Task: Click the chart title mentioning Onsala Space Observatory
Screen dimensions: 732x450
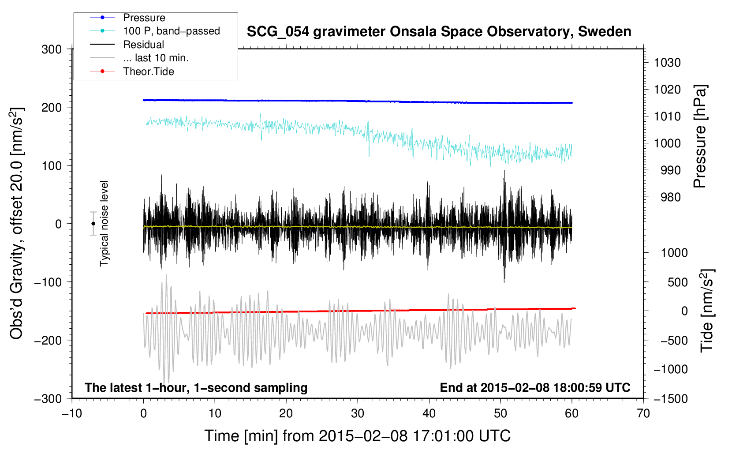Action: pos(439,32)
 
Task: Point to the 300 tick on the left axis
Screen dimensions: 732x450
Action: pos(52,49)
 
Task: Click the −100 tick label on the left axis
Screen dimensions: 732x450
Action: pos(48,282)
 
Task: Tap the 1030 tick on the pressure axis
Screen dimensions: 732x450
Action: pos(667,63)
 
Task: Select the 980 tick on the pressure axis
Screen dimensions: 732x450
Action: pos(671,197)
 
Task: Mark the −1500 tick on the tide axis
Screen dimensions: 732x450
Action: pos(671,399)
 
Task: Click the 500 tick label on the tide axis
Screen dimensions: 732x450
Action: pos(677,282)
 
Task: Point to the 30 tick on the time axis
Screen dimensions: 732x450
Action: pos(358,414)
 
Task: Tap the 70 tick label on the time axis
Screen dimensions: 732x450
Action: pos(643,414)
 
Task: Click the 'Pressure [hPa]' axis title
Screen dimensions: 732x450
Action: pos(700,136)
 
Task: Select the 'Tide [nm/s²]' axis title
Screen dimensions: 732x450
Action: pos(707,311)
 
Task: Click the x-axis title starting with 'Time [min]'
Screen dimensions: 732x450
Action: pos(357,436)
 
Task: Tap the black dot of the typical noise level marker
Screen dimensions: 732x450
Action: pos(93,224)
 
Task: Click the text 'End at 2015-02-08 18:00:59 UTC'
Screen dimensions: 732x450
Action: pos(535,387)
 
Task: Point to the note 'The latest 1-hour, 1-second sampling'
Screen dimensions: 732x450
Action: pos(196,388)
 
